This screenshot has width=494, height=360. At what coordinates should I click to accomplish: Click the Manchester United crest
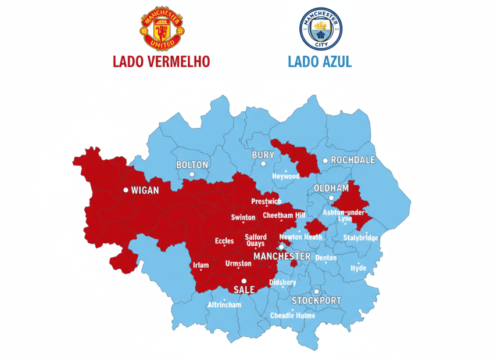point(162,28)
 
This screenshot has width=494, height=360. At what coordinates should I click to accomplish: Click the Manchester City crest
point(321,28)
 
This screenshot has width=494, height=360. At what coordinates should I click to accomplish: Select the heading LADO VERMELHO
point(162,62)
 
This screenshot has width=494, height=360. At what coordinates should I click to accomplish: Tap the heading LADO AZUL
point(320,62)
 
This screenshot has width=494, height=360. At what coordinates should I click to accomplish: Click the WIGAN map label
point(145,190)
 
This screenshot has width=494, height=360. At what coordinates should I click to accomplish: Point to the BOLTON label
point(192,165)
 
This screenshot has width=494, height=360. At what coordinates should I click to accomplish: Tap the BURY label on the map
point(263,156)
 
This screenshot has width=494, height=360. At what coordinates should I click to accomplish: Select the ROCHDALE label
point(353,160)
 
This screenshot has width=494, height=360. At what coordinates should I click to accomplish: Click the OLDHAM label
point(331,188)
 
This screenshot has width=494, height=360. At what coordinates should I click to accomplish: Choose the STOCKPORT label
point(316,301)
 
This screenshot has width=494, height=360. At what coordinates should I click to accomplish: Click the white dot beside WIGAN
point(126,190)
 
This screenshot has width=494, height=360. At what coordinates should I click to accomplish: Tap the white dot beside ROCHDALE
point(325,160)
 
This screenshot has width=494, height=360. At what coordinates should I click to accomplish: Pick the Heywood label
point(286,176)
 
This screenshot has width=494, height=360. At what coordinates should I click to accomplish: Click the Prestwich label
point(266,201)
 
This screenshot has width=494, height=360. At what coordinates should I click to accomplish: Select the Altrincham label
point(224,305)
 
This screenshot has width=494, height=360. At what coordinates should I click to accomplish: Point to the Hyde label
point(358,268)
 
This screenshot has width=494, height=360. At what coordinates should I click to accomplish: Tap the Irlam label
point(200,265)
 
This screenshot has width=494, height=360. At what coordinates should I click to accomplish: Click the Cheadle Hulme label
point(293,316)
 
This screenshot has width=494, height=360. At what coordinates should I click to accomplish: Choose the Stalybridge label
point(360,238)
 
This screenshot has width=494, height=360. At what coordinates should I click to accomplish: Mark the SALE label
point(244,289)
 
